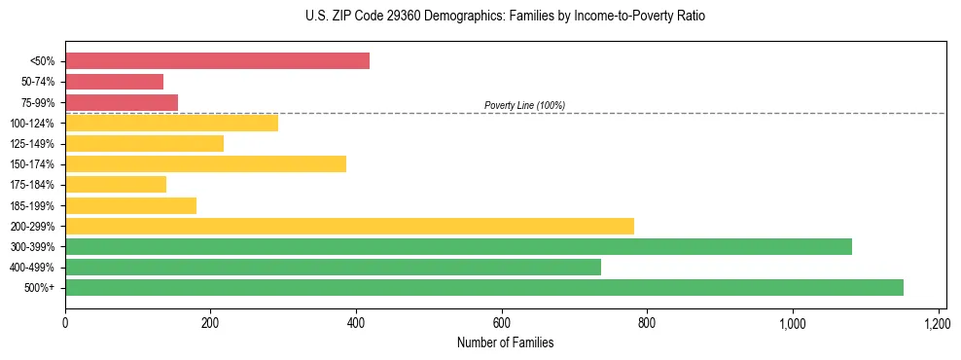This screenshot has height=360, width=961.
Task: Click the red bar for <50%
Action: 217,61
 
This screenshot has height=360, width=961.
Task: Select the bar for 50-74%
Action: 114,82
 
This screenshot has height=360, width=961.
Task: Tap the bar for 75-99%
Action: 122,102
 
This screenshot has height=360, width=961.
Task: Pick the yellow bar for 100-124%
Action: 171,123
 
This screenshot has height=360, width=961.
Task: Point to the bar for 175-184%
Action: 116,184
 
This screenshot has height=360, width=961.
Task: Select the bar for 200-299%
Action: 349,226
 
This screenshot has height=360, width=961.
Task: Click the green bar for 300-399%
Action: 458,246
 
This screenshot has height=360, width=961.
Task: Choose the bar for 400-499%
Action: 333,267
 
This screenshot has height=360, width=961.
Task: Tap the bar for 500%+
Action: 484,287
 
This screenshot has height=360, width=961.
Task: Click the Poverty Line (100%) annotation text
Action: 524,105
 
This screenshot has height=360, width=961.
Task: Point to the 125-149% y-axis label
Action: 32,144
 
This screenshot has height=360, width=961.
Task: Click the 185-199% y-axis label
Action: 32,205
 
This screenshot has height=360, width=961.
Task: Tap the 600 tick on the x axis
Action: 501,322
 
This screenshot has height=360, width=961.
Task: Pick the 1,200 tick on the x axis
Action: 937,322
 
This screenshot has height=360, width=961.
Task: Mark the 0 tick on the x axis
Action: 65,322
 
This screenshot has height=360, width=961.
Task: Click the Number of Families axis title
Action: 505,342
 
